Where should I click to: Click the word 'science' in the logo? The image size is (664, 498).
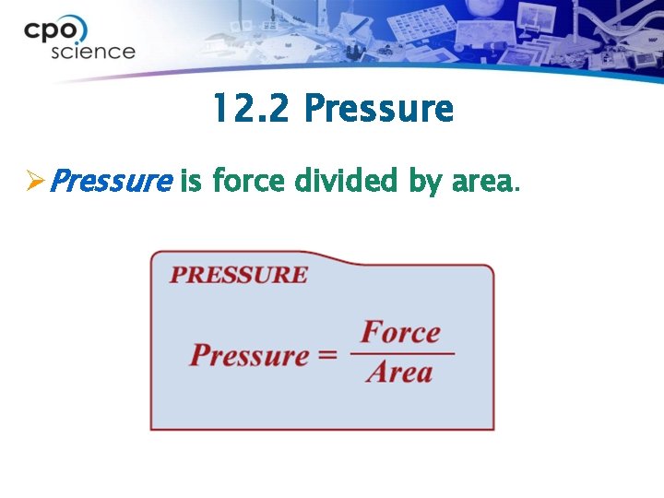coord(93,52)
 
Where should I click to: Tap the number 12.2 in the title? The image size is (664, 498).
coord(252,109)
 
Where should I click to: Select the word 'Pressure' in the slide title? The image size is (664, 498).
coord(378,109)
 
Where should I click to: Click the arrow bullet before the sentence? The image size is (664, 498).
coord(34,182)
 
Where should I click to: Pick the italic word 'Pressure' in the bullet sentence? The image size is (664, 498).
coord(110,182)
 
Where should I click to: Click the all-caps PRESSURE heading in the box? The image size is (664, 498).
coord(239,275)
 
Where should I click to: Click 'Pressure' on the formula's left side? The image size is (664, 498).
coord(250,356)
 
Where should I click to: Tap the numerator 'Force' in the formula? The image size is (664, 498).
coord(400,332)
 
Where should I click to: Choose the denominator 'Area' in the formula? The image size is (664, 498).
coord(398,373)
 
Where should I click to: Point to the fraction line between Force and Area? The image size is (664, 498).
coord(402,352)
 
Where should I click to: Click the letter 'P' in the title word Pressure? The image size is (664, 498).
coord(314,109)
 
